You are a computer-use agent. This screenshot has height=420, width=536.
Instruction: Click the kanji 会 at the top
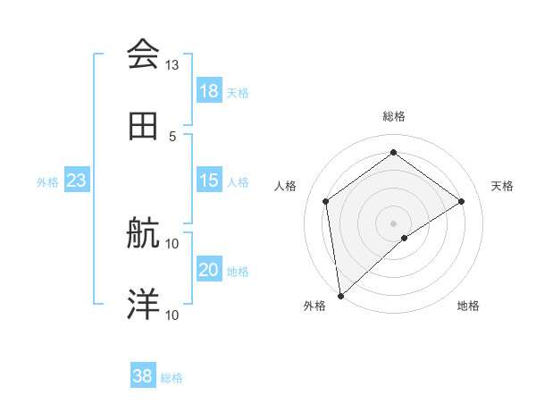[143, 55]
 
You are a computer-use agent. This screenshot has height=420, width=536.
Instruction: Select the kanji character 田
[143, 126]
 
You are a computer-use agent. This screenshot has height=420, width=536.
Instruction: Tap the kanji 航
[143, 233]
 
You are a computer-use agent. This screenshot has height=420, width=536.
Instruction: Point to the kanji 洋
[143, 305]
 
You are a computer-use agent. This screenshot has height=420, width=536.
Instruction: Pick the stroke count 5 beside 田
[172, 136]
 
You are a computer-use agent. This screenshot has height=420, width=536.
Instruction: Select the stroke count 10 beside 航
[172, 243]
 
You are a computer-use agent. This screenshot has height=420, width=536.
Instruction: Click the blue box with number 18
[208, 91]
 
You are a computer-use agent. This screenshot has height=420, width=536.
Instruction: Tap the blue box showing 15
[208, 181]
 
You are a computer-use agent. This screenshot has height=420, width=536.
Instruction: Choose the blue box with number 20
[208, 270]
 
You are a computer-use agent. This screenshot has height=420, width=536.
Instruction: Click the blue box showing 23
[76, 181]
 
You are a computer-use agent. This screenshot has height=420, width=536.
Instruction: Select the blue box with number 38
[143, 377]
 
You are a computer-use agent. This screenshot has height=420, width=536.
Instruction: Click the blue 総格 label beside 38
[172, 378]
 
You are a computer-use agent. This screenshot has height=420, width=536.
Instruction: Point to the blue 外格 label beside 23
[47, 181]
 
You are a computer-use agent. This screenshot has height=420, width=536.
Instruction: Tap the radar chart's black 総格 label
[394, 116]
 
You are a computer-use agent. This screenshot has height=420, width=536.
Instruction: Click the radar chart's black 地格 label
[468, 306]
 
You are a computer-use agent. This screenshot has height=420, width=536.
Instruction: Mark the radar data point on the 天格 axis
[462, 201]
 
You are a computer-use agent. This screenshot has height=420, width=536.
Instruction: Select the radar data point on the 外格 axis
[339, 295]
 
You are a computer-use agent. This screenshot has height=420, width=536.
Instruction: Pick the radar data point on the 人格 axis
[326, 201]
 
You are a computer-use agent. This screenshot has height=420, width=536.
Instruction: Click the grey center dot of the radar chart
[394, 222]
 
